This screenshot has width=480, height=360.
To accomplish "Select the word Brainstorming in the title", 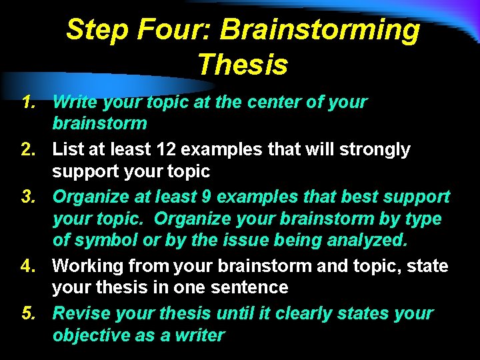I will (x=320, y=30).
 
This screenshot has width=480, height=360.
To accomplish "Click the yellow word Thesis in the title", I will (x=243, y=65).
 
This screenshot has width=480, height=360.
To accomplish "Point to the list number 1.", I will (x=27, y=102).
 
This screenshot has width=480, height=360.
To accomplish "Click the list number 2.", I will (x=27, y=149).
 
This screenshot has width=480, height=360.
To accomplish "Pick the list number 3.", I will (x=27, y=197).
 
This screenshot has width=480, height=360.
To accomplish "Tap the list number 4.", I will (x=27, y=266).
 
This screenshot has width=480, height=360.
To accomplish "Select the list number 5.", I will (x=27, y=313).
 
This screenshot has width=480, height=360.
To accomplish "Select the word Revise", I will (x=81, y=313).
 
